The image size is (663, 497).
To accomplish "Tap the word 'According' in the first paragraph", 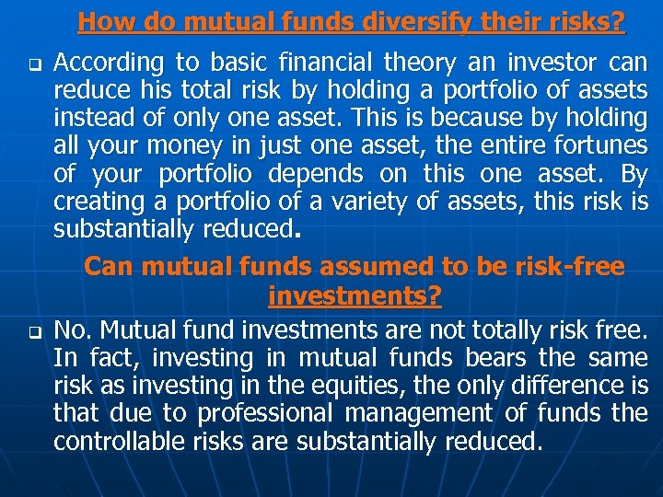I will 105,63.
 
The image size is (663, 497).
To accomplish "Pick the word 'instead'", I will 89,118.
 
